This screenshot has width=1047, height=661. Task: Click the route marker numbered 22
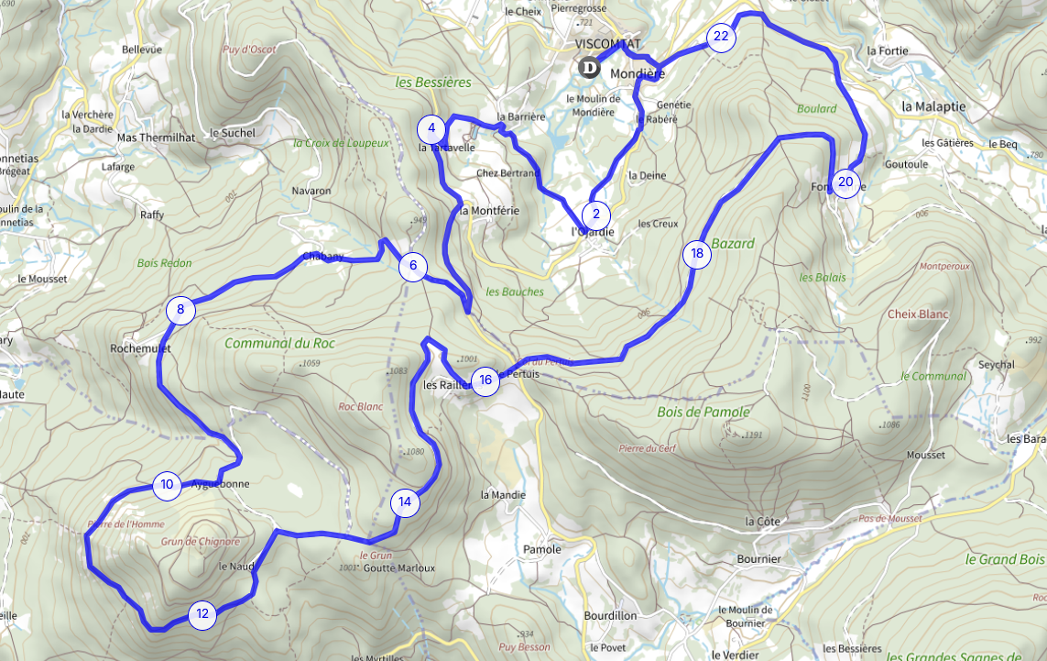721,37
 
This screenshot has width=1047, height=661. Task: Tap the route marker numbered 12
202,614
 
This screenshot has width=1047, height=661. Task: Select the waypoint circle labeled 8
180,310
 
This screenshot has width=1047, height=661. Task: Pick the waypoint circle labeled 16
485,380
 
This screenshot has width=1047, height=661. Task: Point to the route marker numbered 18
697,254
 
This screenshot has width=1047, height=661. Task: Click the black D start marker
589,67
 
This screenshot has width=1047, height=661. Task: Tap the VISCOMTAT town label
608,44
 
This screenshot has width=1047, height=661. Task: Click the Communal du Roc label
279,344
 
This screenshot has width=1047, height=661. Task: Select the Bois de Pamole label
703,413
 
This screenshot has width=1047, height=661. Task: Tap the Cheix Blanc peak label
918,314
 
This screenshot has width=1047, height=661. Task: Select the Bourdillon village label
610,616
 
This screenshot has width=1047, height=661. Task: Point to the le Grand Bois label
1005,559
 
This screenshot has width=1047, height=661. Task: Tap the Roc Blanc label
360,406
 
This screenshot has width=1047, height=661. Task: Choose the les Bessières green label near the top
432,83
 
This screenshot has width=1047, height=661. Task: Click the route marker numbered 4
431,127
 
